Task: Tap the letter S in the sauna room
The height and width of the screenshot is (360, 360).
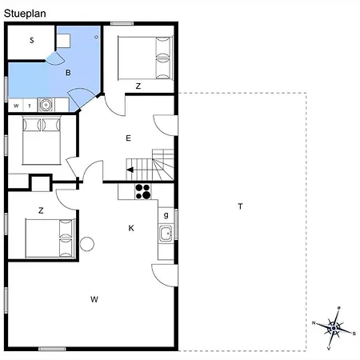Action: tap(32, 40)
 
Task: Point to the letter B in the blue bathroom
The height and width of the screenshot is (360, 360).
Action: tap(68, 73)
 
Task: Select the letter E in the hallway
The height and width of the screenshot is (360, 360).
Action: tap(128, 138)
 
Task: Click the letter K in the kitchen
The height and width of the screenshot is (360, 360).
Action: tap(131, 228)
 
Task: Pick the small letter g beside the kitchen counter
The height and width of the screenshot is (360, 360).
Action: tap(166, 214)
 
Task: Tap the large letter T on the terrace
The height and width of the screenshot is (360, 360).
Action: tap(239, 206)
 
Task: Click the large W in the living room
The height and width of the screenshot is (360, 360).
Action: tap(94, 299)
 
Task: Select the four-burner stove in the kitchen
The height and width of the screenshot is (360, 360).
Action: tap(143, 191)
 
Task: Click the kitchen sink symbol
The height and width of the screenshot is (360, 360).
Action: tap(166, 234)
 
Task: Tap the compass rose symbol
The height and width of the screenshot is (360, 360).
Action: tap(334, 326)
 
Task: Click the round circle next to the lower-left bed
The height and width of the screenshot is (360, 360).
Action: tap(86, 244)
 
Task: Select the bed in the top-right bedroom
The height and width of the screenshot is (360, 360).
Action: tap(145, 58)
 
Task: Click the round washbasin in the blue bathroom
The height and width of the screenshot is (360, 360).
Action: tap(46, 104)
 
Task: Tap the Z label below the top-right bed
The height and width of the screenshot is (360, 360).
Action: tap(138, 86)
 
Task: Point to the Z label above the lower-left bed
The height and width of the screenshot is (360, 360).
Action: tap(40, 210)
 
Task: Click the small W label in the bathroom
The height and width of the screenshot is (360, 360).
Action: tap(16, 105)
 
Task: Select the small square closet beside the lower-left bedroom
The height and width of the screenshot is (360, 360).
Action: tap(39, 182)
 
